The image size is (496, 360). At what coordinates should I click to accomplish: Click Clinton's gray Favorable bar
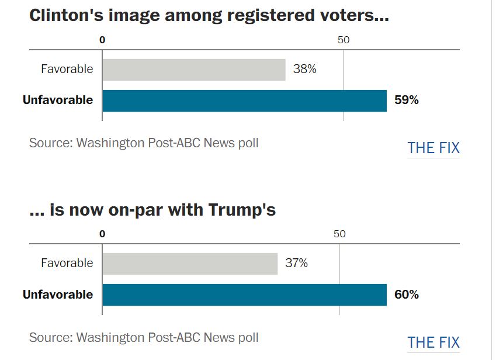tap(193, 70)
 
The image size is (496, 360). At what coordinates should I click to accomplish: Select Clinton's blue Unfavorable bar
tap(244, 101)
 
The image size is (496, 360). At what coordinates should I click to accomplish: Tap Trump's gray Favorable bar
tap(189, 264)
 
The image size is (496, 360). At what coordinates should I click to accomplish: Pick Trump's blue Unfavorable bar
tap(244, 295)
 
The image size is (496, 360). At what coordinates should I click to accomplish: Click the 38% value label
tap(304, 70)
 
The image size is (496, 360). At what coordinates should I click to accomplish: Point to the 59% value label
tap(406, 101)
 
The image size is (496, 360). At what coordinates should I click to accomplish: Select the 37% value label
tap(296, 264)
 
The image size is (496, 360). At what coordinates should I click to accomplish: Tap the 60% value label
tap(406, 295)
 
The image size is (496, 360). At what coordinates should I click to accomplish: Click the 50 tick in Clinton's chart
tap(343, 40)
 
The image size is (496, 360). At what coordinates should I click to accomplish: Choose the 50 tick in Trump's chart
tap(339, 234)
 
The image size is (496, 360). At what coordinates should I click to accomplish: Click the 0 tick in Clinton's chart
tap(102, 40)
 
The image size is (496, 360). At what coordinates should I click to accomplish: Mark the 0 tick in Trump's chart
tap(102, 234)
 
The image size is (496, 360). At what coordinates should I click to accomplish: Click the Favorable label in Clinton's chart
tap(67, 70)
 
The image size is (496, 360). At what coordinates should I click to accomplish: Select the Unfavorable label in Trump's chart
tap(58, 295)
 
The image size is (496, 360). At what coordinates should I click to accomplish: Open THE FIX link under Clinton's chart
tap(433, 148)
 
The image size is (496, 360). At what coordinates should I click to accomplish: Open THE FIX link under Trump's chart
tap(433, 342)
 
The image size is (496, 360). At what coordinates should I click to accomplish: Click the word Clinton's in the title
tap(67, 16)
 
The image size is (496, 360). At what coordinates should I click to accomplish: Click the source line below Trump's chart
tap(144, 338)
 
